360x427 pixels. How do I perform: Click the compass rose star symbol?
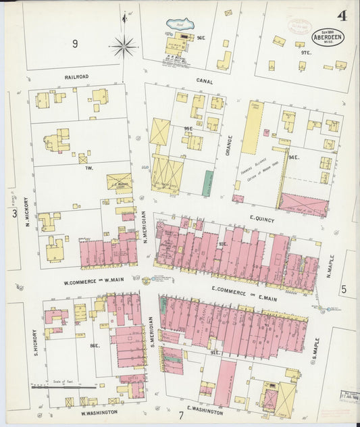tap(124, 47)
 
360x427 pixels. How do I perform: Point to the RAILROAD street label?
tap(76, 77)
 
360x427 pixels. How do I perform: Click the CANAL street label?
tap(205, 81)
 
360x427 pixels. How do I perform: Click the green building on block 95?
tap(208, 183)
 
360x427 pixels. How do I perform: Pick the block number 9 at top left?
tap(75, 45)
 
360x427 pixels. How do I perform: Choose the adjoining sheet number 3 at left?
tap(14, 214)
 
